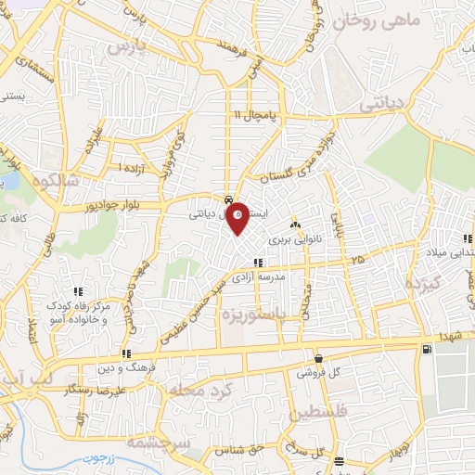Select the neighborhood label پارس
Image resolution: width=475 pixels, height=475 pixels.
[x=128, y=45]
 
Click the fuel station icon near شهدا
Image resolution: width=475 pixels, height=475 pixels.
[x=426, y=349]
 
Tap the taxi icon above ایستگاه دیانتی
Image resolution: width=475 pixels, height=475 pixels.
[x=228, y=200]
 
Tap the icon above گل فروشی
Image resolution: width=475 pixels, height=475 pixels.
[x=318, y=358]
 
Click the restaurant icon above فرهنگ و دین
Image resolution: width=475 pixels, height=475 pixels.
[x=126, y=353]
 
